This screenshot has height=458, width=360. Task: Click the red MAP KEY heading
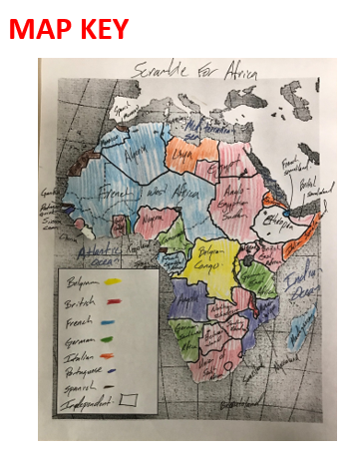click(x=69, y=29)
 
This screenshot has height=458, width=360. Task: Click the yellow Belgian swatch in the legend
click(x=114, y=282)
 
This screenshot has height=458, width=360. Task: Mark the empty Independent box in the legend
click(x=127, y=398)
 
